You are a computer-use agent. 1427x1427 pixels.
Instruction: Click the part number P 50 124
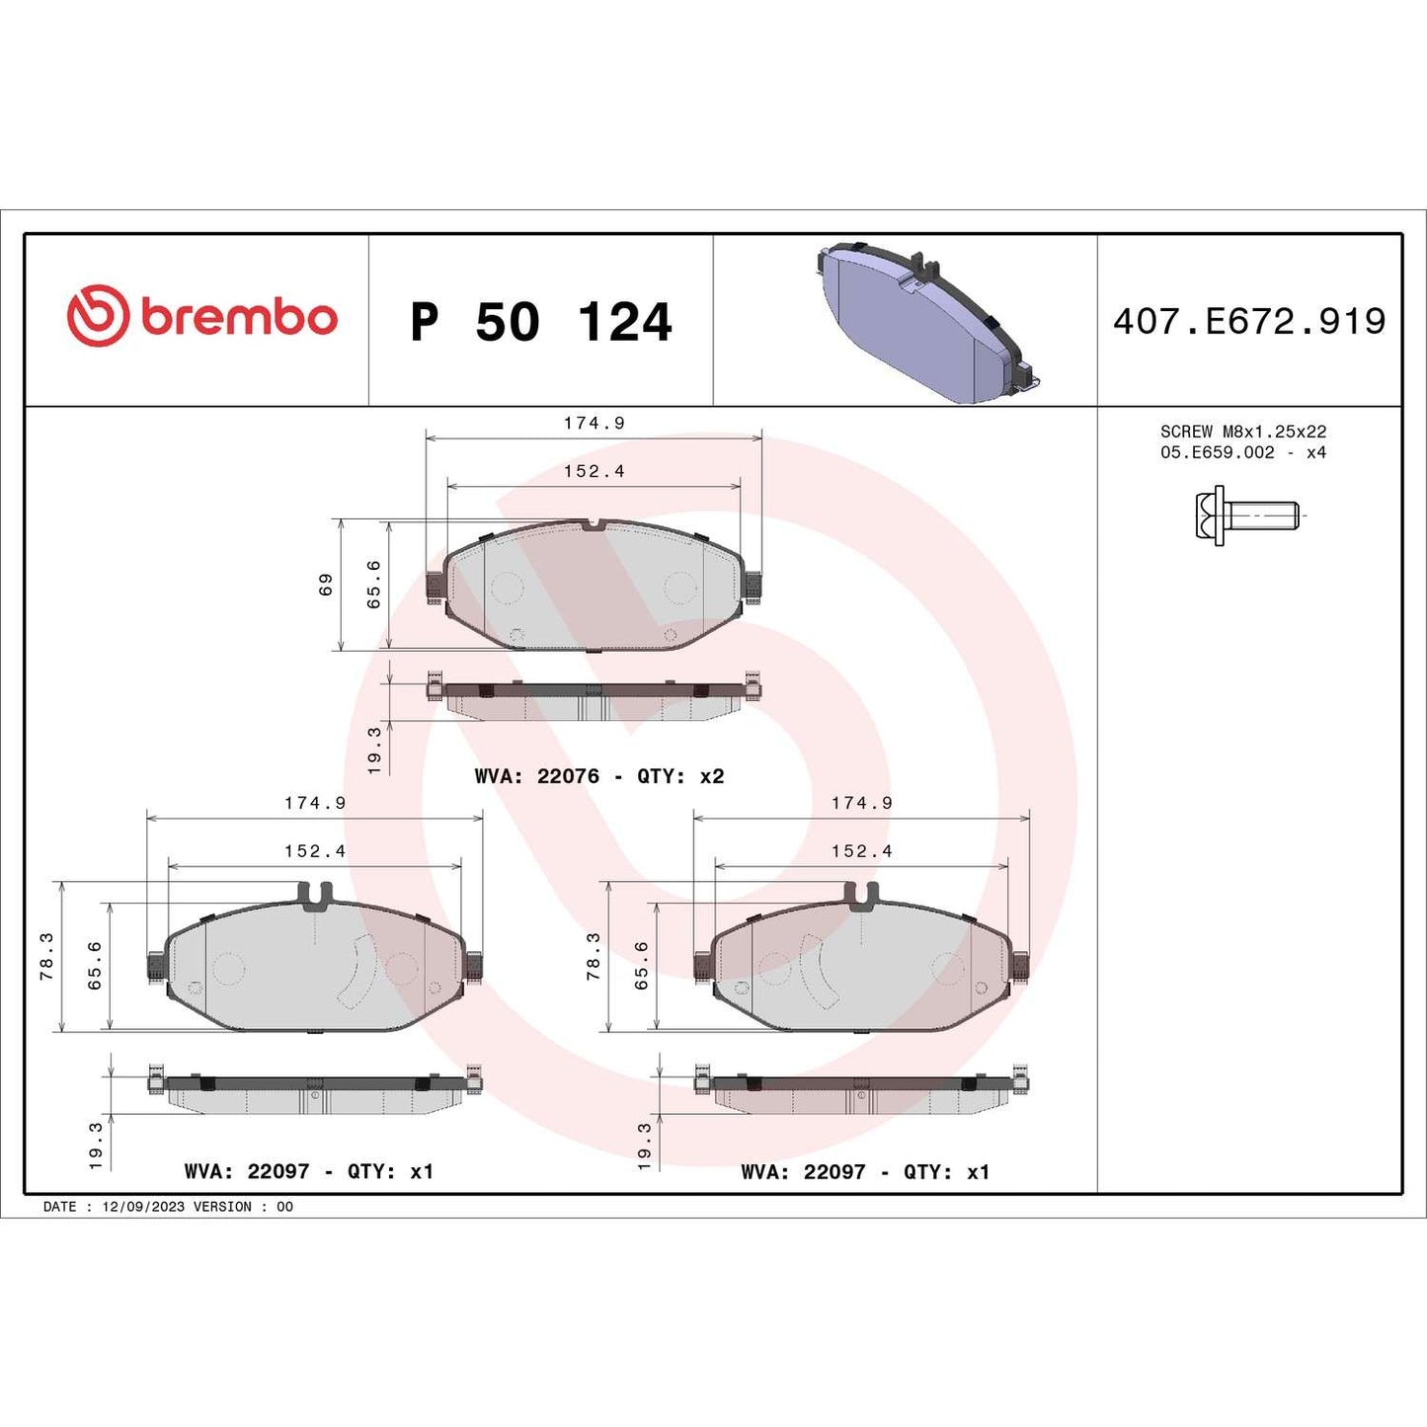click(540, 322)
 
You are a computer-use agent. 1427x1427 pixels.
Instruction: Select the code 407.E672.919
click(1249, 321)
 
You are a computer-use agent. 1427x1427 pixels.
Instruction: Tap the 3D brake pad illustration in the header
click(928, 321)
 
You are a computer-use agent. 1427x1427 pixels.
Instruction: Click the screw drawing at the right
click(1245, 515)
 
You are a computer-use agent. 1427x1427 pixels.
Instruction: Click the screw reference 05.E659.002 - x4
click(1242, 452)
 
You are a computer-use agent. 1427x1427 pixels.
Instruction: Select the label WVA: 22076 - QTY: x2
click(598, 776)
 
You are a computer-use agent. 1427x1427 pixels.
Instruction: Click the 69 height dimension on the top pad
click(326, 585)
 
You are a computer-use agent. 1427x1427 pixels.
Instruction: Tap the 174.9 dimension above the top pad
click(594, 423)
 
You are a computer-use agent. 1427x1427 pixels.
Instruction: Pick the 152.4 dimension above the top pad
click(594, 471)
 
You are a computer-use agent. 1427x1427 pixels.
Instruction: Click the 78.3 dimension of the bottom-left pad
click(46, 956)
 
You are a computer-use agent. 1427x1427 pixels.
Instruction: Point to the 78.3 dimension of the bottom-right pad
click(594, 956)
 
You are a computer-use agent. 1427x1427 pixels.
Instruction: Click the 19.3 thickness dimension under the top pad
click(374, 750)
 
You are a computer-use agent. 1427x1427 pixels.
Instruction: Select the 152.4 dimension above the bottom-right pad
click(861, 851)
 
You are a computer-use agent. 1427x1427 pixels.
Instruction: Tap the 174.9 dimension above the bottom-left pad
click(315, 803)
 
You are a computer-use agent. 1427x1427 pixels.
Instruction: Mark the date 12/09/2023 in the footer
click(143, 1207)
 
